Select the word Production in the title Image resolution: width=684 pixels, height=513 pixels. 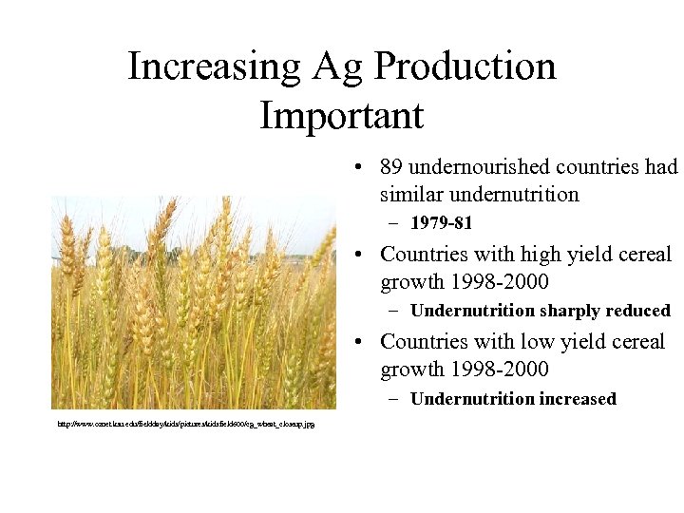point(465,66)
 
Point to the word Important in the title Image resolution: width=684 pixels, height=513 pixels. point(341,116)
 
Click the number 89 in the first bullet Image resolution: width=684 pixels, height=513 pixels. point(390,167)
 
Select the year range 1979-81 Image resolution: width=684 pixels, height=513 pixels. point(441,224)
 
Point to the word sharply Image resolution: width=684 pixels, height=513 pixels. point(571,311)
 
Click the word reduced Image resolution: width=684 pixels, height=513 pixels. point(637,311)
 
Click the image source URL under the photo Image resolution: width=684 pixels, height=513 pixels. point(186,423)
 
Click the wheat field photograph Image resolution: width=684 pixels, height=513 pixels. point(193,302)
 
